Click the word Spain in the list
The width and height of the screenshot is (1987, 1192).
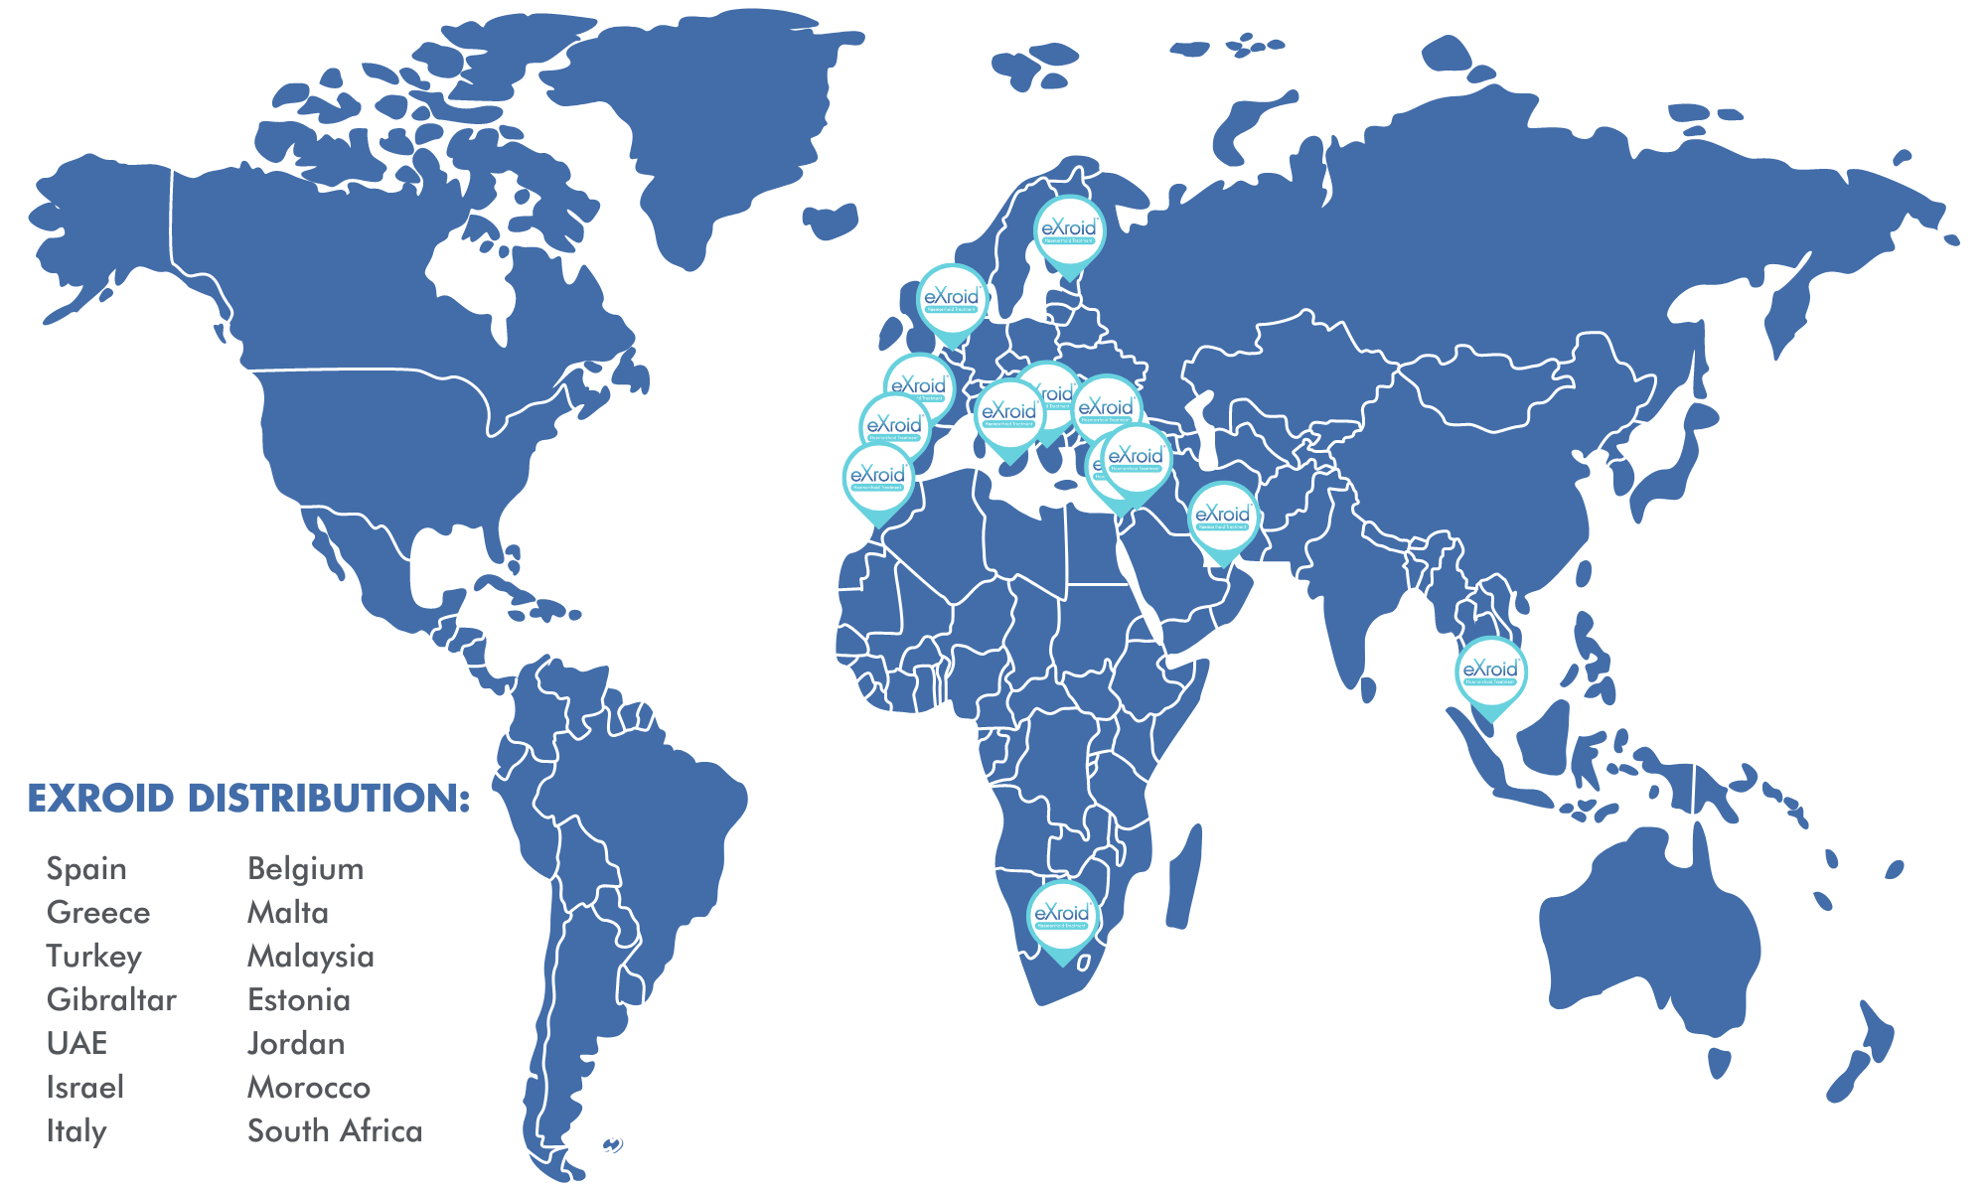tap(86, 869)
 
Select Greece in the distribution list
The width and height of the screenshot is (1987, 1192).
tap(98, 913)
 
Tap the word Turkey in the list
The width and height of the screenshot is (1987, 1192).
tap(94, 957)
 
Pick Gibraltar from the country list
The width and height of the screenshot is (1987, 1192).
tap(111, 1000)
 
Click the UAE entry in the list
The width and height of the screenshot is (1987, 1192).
tap(76, 1044)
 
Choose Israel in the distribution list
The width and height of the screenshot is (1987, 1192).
tap(85, 1088)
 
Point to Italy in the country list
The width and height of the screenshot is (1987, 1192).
tap(76, 1131)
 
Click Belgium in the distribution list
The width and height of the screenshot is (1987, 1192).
tap(305, 869)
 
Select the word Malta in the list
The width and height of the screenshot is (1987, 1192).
tap(287, 913)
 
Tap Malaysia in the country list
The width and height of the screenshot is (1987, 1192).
tap(310, 957)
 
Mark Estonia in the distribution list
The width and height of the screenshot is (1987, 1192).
tap(298, 1000)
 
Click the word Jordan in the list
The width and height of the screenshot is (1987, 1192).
tap(296, 1044)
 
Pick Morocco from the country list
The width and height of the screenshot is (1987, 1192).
tap(308, 1088)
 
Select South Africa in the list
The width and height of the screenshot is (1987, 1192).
tap(335, 1131)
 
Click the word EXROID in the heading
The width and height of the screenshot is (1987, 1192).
tap(100, 799)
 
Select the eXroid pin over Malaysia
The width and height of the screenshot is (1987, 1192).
tap(1490, 673)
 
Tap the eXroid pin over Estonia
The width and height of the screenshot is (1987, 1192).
tap(1069, 232)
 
